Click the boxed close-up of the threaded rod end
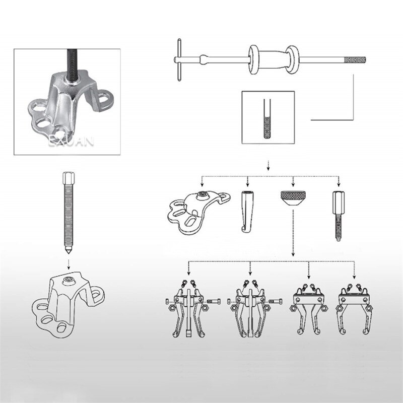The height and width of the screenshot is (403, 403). (267, 117)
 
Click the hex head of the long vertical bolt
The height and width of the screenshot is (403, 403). (68, 178)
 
